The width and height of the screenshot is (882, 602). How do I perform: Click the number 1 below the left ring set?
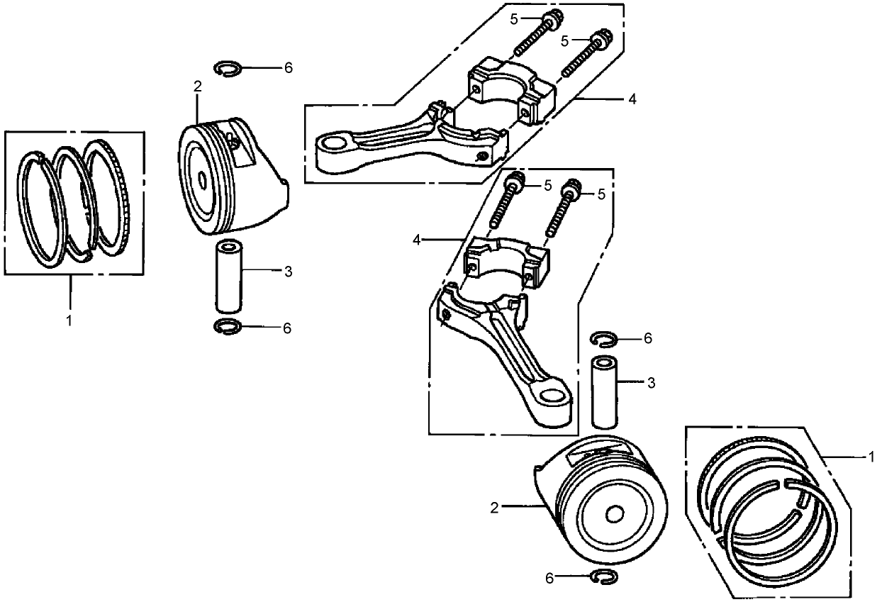(x=69, y=321)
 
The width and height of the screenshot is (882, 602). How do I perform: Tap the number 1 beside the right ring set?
(x=871, y=457)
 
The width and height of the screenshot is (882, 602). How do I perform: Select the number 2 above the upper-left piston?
(x=197, y=87)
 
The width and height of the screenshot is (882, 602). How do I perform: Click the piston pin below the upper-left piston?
(x=230, y=277)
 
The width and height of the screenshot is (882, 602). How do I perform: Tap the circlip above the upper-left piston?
(x=228, y=68)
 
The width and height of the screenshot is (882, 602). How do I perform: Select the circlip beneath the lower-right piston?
(x=603, y=577)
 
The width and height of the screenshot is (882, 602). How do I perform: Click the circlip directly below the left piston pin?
(x=227, y=327)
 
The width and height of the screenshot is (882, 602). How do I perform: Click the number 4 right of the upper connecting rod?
(x=632, y=99)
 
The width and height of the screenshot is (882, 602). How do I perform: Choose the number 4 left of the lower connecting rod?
(x=418, y=240)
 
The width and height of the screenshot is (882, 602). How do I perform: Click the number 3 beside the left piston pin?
(x=287, y=271)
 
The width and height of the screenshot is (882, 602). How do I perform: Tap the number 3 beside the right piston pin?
(x=651, y=383)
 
